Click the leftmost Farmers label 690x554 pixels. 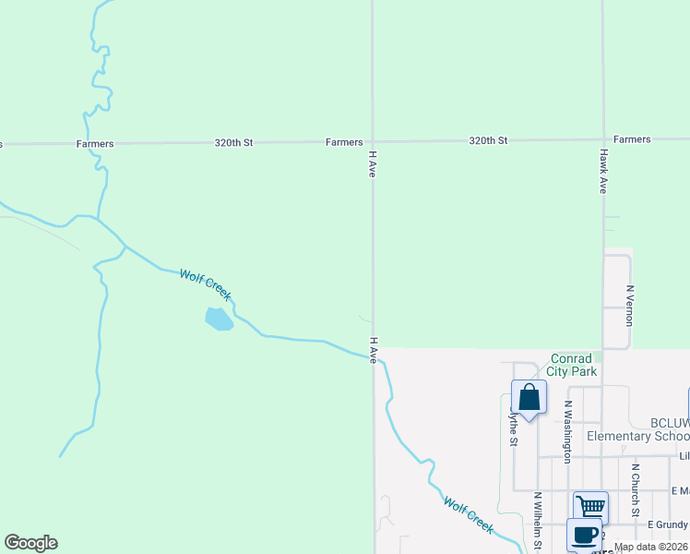tap(95, 144)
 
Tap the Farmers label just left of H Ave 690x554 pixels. tap(344, 142)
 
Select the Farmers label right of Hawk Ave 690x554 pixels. tap(632, 139)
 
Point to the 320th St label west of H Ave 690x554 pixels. tap(233, 143)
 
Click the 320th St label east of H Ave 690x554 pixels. tap(488, 140)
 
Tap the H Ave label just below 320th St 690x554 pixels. tap(373, 164)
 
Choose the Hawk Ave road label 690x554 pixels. tap(602, 171)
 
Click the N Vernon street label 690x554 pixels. tap(630, 300)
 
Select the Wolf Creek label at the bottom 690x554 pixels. tap(469, 514)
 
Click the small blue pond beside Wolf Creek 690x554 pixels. tap(218, 319)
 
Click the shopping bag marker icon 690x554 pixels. tap(529, 399)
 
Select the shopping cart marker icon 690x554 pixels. tap(590, 507)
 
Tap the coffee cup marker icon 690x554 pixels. tap(583, 535)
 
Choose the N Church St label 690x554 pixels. tap(635, 489)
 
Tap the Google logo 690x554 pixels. tap(30, 543)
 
